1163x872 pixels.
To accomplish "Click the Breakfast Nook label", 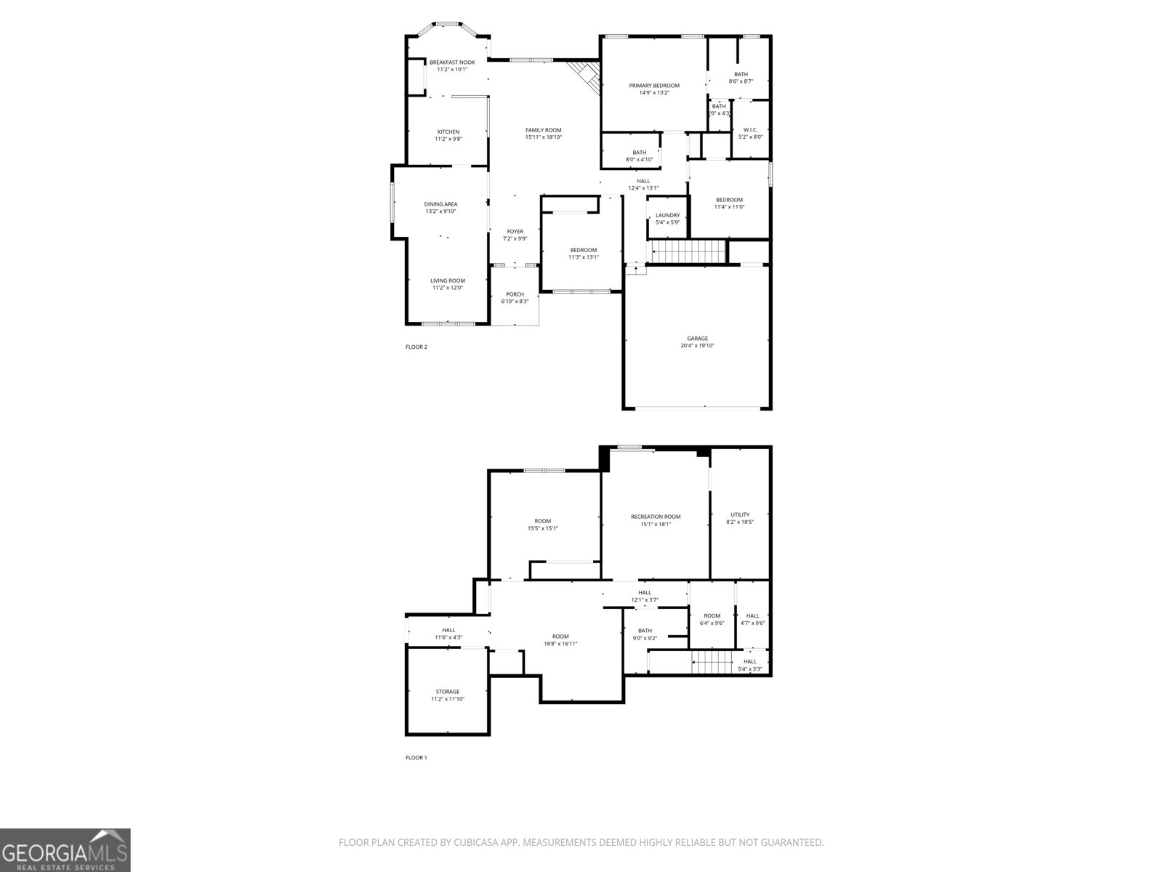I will (x=451, y=62).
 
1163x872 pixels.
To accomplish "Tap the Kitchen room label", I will (x=448, y=132).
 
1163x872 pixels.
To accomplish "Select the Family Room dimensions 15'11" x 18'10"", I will (x=544, y=137).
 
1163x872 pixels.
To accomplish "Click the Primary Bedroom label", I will (x=654, y=86).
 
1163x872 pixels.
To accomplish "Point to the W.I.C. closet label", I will (x=751, y=129).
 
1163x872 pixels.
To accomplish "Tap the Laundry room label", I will (x=667, y=215).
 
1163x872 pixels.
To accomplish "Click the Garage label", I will (x=697, y=339).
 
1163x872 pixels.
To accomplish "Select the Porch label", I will (x=515, y=294).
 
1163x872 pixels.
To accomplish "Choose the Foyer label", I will (x=515, y=232).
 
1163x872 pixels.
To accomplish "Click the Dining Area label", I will (x=440, y=204).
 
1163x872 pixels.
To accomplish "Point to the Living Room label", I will (x=447, y=280).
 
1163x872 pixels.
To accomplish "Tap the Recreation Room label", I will (x=655, y=517).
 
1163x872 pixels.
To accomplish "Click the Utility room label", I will (x=740, y=514).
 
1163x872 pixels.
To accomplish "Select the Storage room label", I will (x=447, y=692).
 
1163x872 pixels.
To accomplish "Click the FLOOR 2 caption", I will (x=416, y=347).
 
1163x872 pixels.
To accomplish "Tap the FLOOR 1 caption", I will (x=416, y=757).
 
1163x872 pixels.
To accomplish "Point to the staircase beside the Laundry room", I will (x=688, y=253).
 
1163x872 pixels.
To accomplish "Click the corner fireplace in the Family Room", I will (x=584, y=75).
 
